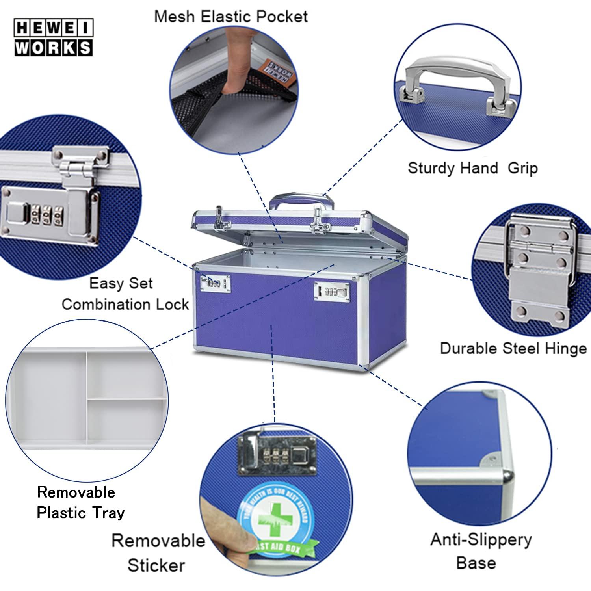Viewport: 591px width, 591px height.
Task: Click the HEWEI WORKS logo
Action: pyautogui.click(x=54, y=38)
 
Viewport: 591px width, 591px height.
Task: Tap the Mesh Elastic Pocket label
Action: pyautogui.click(x=231, y=17)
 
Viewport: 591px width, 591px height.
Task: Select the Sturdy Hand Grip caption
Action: pyautogui.click(x=472, y=168)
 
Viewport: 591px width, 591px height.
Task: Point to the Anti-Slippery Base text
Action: pyautogui.click(x=481, y=550)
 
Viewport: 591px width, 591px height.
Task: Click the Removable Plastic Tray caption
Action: pyautogui.click(x=80, y=502)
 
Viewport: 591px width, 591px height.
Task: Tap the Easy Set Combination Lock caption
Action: pyautogui.click(x=125, y=294)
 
